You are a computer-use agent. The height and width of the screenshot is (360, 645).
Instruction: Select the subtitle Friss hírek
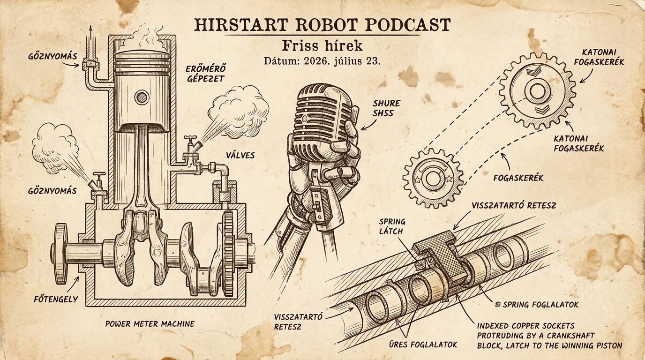[322, 45]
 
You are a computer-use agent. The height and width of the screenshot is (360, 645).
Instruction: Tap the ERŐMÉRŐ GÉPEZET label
[205, 74]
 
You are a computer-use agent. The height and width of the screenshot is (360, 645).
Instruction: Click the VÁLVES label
[240, 156]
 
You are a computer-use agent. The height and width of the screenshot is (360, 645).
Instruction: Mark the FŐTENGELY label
[56, 299]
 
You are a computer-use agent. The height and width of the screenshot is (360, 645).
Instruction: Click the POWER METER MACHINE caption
[150, 324]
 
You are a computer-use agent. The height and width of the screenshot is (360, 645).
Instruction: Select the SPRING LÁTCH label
[392, 226]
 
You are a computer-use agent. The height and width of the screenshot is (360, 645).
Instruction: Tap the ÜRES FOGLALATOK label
[423, 345]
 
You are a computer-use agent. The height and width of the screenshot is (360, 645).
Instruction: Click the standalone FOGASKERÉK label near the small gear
[518, 178]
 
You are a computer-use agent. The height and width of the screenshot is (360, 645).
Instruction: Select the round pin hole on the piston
[142, 97]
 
